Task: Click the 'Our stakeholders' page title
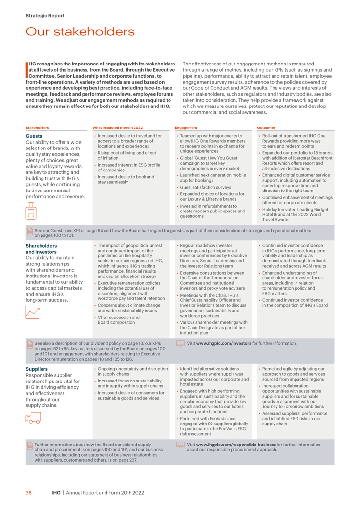(x=80, y=32)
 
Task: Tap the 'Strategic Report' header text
(x=45, y=16)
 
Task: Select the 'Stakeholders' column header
(x=37, y=128)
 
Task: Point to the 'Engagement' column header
(x=186, y=128)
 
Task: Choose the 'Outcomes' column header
(x=266, y=128)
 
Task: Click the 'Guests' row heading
(x=34, y=136)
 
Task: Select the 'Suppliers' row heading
(x=37, y=369)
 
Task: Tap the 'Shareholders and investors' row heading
(x=41, y=249)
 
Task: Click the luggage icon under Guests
(x=31, y=211)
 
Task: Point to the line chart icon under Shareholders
(x=32, y=312)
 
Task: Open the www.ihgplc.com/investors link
(x=224, y=344)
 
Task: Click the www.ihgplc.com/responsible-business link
(x=236, y=445)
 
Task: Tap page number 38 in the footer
(x=29, y=493)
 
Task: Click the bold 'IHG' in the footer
(x=56, y=493)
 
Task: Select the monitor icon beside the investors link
(x=180, y=344)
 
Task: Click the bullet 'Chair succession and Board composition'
(x=118, y=320)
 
